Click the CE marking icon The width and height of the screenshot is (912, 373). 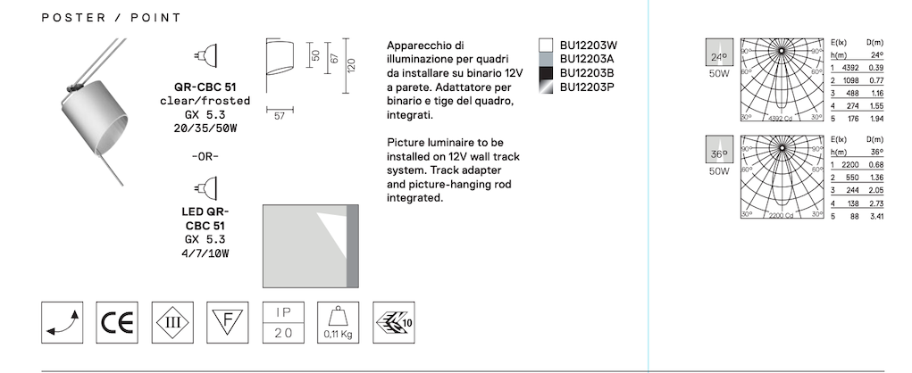tap(117, 322)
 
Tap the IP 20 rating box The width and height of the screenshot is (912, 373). tap(283, 322)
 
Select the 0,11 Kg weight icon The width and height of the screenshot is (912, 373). tap(338, 322)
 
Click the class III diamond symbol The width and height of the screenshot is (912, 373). tap(172, 322)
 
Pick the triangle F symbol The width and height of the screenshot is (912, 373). tap(228, 322)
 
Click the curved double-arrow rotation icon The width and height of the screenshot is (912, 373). tap(63, 322)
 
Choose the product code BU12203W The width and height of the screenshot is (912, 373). tap(588, 46)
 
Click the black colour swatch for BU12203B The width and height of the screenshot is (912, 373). tap(546, 73)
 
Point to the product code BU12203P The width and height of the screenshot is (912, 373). tap(588, 87)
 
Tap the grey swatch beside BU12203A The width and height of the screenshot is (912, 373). tap(546, 59)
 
